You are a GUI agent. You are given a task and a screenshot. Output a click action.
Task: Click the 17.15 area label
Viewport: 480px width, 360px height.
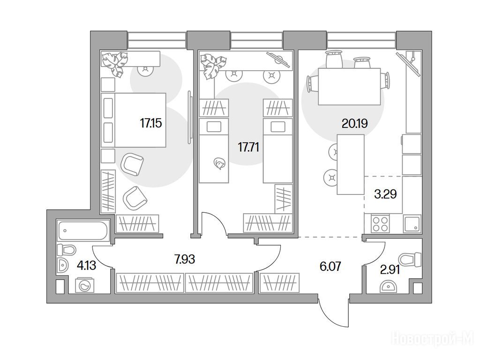click(151, 123)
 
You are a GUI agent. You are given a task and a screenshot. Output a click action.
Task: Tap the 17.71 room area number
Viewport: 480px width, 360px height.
click(248, 147)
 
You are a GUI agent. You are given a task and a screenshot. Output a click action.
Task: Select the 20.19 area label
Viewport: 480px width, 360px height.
click(354, 124)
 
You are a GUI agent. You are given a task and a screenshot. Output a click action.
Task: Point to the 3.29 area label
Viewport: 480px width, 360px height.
click(386, 194)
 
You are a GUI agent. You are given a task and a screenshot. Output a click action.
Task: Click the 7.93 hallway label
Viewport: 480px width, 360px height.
click(185, 259)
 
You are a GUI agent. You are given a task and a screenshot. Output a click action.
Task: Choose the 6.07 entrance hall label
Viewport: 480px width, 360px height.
click(330, 266)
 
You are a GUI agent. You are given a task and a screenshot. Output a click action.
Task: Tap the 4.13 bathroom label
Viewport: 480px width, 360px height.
click(86, 265)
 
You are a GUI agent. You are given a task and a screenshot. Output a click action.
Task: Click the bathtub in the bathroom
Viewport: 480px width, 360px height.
click(83, 231)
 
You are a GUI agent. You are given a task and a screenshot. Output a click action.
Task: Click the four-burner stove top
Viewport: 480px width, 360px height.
click(380, 224)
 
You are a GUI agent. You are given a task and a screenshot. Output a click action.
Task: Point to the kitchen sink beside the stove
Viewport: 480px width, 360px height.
click(412, 224)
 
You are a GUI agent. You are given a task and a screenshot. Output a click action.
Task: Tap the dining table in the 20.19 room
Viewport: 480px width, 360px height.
click(349, 87)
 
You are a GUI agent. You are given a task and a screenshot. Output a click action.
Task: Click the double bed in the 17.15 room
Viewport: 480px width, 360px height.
click(134, 120)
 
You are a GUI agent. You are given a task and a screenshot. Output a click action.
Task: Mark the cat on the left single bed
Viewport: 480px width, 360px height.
click(219, 164)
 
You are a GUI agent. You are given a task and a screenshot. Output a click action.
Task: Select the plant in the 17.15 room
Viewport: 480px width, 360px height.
click(115, 64)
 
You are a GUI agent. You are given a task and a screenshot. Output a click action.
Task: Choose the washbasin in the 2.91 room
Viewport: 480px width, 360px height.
click(388, 287)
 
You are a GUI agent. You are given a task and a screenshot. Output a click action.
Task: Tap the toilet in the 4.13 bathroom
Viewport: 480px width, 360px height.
click(67, 250)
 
